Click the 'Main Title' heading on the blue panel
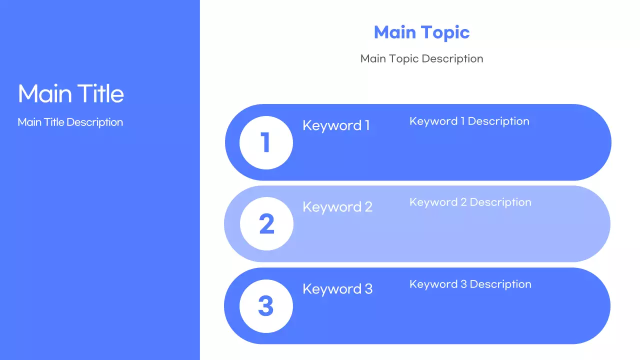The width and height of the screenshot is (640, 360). pyautogui.click(x=70, y=94)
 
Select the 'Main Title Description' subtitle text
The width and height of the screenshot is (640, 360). pyautogui.click(x=70, y=122)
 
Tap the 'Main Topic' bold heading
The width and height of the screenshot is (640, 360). pyautogui.click(x=421, y=32)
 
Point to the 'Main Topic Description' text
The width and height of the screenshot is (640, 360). pyautogui.click(x=421, y=58)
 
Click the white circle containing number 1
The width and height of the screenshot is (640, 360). pyautogui.click(x=266, y=142)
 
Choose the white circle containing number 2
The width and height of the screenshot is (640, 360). pyautogui.click(x=266, y=224)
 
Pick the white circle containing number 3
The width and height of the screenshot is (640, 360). pyautogui.click(x=266, y=306)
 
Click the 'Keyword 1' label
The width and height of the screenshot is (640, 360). pyautogui.click(x=336, y=125)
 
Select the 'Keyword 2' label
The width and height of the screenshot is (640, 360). pyautogui.click(x=337, y=207)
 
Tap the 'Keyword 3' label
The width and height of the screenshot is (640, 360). pyautogui.click(x=337, y=289)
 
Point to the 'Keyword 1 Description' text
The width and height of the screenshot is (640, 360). pyautogui.click(x=469, y=121)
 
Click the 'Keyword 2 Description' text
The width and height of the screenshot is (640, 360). pyautogui.click(x=470, y=202)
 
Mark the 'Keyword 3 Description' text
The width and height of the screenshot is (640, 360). pyautogui.click(x=470, y=284)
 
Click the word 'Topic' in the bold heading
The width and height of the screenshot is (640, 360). pyautogui.click(x=445, y=33)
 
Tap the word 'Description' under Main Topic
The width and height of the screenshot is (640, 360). pyautogui.click(x=452, y=58)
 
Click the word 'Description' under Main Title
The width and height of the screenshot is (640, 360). pyautogui.click(x=94, y=122)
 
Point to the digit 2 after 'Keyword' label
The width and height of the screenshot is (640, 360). pyautogui.click(x=368, y=207)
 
